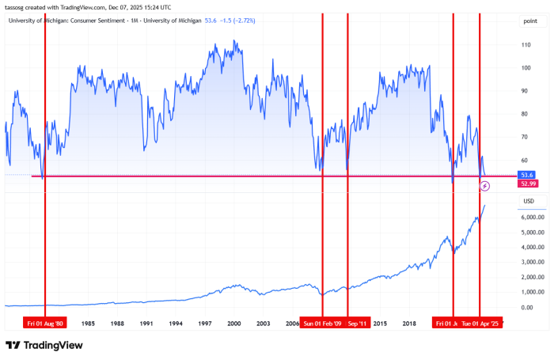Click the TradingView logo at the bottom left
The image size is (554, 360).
coord(44,346)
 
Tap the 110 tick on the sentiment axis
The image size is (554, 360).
coord(526,44)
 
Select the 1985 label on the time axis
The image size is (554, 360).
coord(88,323)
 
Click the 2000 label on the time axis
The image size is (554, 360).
coord(234,323)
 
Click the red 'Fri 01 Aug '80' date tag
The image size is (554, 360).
coord(44,323)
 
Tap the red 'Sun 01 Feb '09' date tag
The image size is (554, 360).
coord(322,323)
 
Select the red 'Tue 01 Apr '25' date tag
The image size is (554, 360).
coord(480,323)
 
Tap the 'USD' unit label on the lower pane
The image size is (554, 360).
coord(529,201)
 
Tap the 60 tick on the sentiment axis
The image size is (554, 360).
coord(525,137)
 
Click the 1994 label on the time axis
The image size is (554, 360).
coord(176,323)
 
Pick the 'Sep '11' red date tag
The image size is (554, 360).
coord(358,323)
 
